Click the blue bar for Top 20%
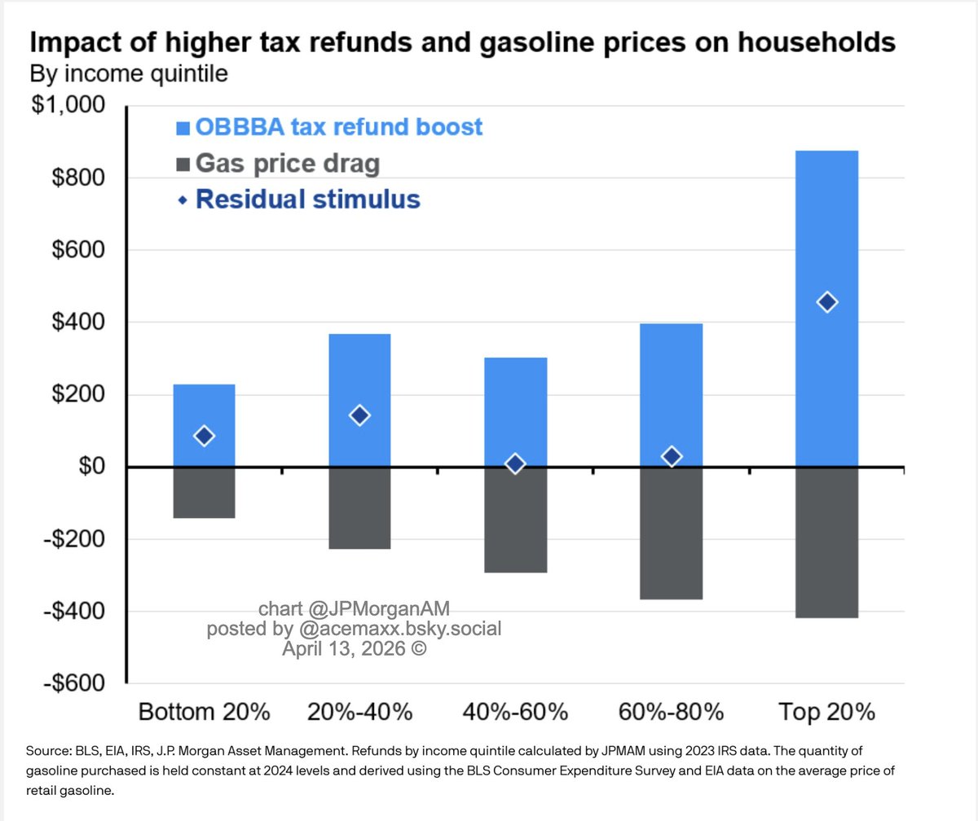click(826, 228)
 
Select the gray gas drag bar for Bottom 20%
click(205, 493)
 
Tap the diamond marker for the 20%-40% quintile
click(359, 415)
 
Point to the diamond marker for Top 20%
click(826, 302)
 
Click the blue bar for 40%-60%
click(515, 407)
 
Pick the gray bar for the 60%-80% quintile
click(671, 533)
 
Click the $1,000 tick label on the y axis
click(68, 106)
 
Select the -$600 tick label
click(72, 683)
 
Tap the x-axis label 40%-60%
click(515, 712)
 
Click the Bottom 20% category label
click(204, 712)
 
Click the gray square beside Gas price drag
click(183, 164)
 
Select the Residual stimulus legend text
click(308, 200)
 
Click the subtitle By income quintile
click(129, 73)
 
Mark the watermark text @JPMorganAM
click(379, 608)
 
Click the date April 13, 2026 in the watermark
click(343, 648)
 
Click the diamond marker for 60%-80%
click(671, 456)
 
